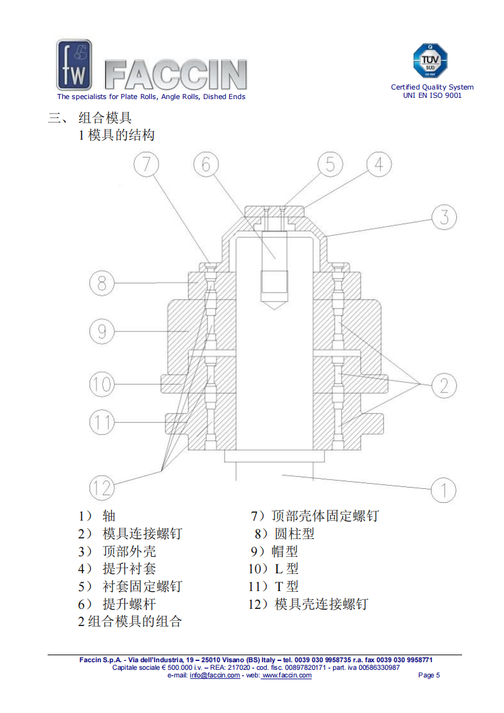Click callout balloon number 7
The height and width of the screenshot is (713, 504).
[147, 164]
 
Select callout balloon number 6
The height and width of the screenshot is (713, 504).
[206, 164]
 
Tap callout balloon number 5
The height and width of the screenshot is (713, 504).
[330, 164]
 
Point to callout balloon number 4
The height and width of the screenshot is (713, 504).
[379, 164]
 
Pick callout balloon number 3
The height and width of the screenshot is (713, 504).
[444, 217]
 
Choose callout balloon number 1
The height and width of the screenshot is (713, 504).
[444, 490]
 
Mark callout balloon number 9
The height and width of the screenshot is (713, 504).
[102, 331]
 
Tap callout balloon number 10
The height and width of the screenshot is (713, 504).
[102, 384]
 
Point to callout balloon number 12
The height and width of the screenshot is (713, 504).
[102, 488]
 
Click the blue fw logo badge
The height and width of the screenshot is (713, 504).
[74, 65]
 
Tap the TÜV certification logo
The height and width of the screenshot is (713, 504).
[431, 62]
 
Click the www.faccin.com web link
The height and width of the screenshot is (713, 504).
[287, 675]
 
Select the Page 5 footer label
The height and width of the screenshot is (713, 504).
[429, 675]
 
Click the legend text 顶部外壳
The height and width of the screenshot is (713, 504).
[129, 551]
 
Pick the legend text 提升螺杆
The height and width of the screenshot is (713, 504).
[129, 604]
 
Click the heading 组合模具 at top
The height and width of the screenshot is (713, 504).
[105, 117]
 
